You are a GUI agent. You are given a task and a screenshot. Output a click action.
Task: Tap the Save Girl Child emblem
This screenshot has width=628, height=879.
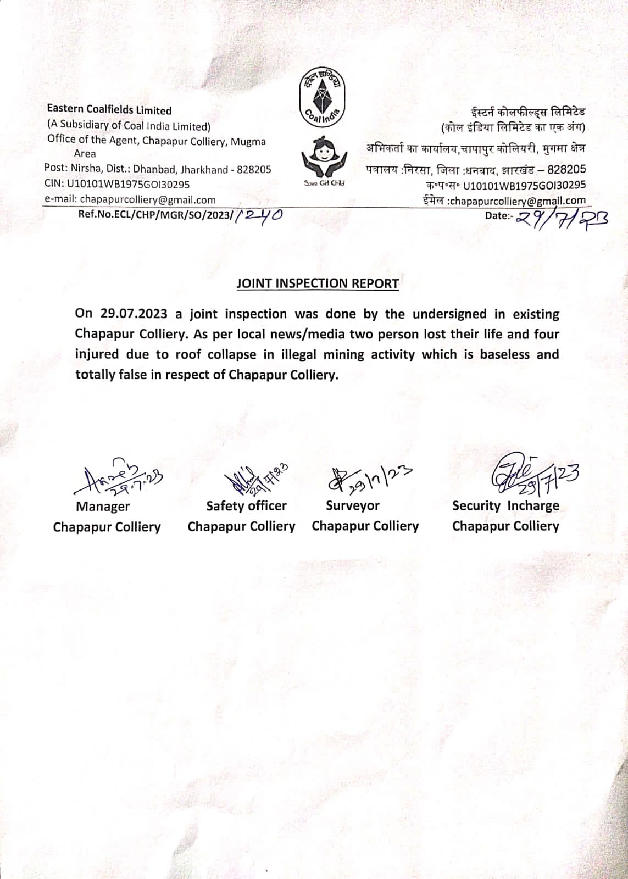click(x=324, y=157)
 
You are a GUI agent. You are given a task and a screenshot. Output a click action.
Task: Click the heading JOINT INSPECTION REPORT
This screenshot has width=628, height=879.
click(x=318, y=283)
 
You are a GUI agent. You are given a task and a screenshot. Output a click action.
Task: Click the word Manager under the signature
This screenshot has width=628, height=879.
click(x=103, y=507)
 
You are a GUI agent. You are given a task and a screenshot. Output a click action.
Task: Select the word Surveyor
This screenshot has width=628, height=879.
click(x=352, y=505)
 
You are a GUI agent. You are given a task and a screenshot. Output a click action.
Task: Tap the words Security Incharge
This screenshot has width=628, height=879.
click(x=505, y=506)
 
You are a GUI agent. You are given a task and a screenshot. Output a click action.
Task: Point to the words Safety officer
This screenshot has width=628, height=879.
click(x=246, y=505)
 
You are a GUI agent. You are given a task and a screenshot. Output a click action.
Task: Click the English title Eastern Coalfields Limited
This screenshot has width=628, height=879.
click(x=109, y=110)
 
